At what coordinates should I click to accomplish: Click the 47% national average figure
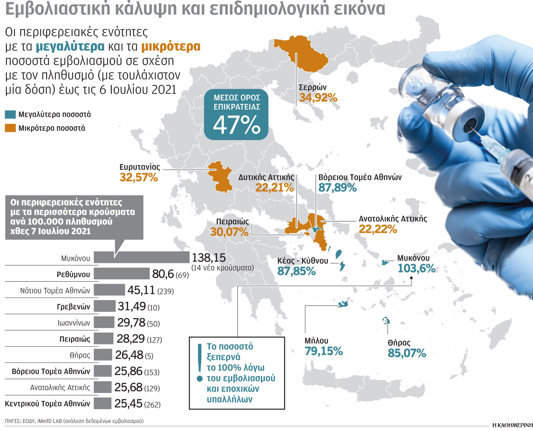pyautogui.click(x=236, y=125)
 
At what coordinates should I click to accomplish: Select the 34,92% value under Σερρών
pyautogui.click(x=318, y=98)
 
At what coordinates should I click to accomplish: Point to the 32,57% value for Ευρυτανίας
pyautogui.click(x=139, y=178)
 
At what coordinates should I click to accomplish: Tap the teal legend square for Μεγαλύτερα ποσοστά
pyautogui.click(x=10, y=114)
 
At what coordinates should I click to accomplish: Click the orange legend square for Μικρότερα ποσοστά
pyautogui.click(x=10, y=128)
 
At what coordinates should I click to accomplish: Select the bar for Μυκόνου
pyautogui.click(x=141, y=257)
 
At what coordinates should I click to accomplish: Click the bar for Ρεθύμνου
pyautogui.click(x=122, y=274)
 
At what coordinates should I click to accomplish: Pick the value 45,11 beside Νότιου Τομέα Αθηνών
pyautogui.click(x=141, y=290)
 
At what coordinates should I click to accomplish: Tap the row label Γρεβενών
pyautogui.click(x=73, y=307)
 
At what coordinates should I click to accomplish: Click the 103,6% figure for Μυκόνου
pyautogui.click(x=416, y=268)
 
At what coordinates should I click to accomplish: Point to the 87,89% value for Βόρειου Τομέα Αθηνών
pyautogui.click(x=337, y=188)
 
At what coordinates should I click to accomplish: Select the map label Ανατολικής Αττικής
pyautogui.click(x=393, y=219)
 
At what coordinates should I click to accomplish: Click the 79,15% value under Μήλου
pyautogui.click(x=324, y=351)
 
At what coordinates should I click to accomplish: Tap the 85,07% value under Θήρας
pyautogui.click(x=407, y=353)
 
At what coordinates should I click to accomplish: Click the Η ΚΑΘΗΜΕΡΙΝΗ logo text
pyautogui.click(x=512, y=425)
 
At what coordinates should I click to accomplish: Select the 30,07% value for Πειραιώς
pyautogui.click(x=229, y=232)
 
